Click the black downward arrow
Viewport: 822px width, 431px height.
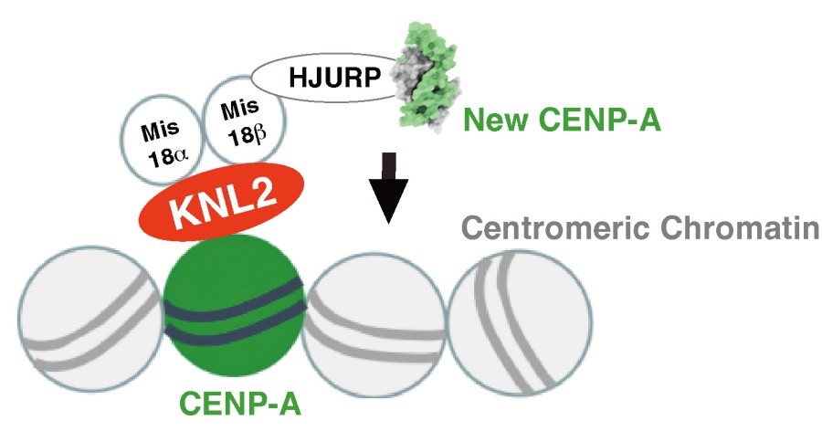tap(390, 187)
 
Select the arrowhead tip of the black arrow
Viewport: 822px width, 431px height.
tap(390, 221)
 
